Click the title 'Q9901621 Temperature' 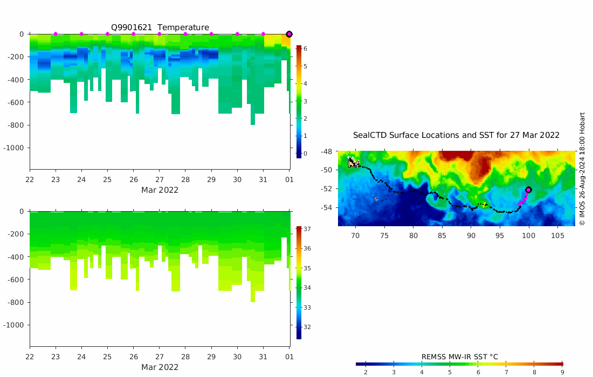pos(160,27)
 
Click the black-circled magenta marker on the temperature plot pos(289,34)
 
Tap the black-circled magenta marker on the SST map pos(528,190)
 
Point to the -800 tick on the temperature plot pos(16,125)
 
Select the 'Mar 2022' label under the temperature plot pos(160,190)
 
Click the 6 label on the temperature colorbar pos(305,48)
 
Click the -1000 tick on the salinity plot pos(15,325)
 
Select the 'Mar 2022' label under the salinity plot pos(160,367)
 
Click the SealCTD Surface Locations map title pos(456,135)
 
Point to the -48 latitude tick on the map pos(327,152)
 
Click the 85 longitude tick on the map pos(442,235)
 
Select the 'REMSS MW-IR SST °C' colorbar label pos(459,357)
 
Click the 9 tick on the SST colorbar pos(562,372)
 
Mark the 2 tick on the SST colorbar pos(366,372)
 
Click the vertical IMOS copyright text pos(582,169)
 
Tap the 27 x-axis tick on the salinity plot pos(160,357)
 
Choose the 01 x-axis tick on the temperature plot pos(289,179)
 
